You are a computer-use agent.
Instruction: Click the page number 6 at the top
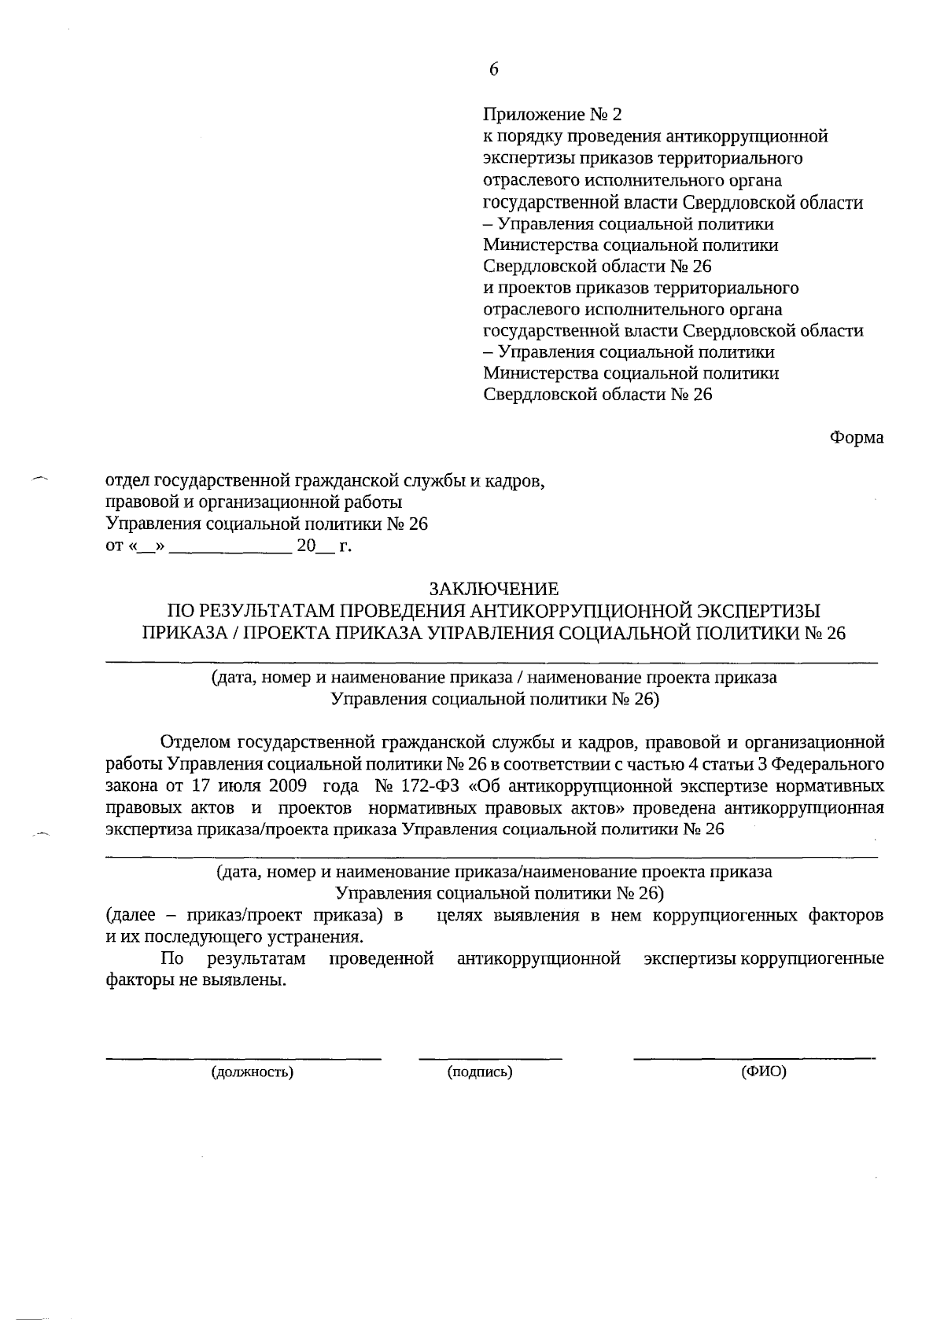493,69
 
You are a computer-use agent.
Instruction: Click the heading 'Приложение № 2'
552,115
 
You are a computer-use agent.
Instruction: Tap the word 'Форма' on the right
857,437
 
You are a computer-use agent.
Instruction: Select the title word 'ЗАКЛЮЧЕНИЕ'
493,589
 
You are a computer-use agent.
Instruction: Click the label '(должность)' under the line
252,1072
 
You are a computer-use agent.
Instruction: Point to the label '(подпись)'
480,1072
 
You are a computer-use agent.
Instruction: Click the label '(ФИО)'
764,1071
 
